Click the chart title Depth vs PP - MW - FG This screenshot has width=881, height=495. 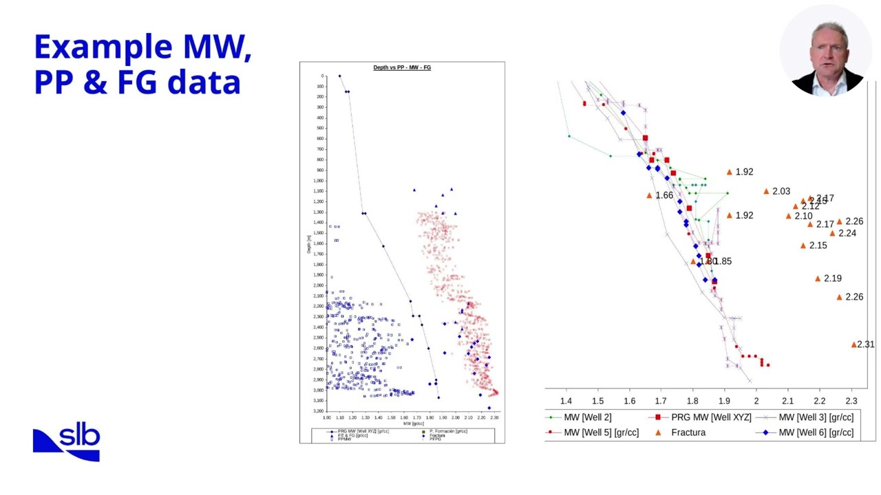pyautogui.click(x=402, y=67)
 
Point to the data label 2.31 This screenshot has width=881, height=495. pyautogui.click(x=865, y=344)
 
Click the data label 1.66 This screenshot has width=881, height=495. pyautogui.click(x=664, y=195)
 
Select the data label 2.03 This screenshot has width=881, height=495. pyautogui.click(x=781, y=191)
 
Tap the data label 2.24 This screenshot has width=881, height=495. pyautogui.click(x=847, y=233)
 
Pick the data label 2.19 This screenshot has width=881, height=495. pyautogui.click(x=832, y=278)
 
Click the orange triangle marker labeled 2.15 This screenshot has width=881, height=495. pyautogui.click(x=803, y=245)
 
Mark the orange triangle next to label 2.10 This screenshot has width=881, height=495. pyautogui.click(x=789, y=216)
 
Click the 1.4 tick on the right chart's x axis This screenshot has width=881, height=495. pyautogui.click(x=566, y=401)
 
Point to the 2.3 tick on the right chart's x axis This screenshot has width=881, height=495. pyautogui.click(x=851, y=401)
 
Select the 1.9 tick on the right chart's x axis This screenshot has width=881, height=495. pyautogui.click(x=725, y=401)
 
